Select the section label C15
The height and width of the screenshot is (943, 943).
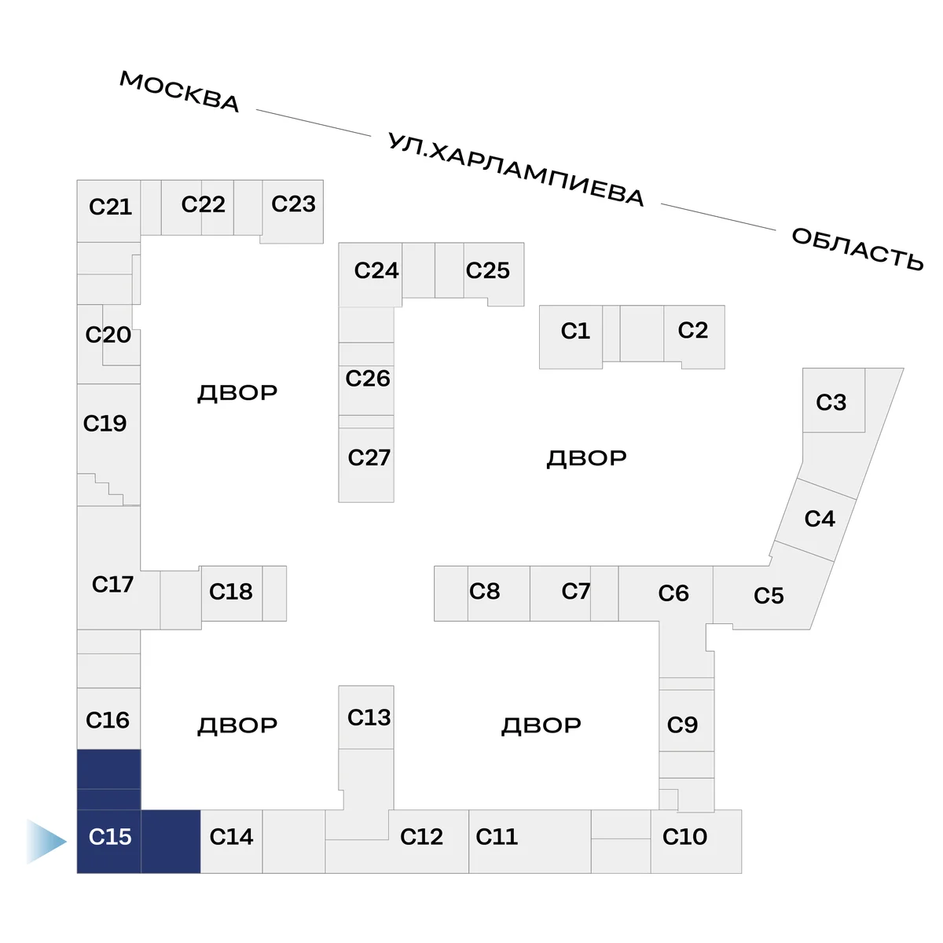point(110,837)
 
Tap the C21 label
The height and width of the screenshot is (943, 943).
point(110,207)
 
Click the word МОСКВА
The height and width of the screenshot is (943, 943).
point(179,91)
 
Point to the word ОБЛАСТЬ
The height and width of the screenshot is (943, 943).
point(857,248)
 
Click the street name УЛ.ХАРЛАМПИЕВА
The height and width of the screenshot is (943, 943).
point(516,170)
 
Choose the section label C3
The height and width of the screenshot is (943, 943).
point(831,402)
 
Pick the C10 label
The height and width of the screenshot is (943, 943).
point(684,837)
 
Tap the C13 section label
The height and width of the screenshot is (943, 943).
point(369,717)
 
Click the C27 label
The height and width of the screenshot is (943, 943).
point(369,457)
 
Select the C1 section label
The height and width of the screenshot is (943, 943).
point(575,331)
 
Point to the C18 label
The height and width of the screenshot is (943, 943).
point(230,591)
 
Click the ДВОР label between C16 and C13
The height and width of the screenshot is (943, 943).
point(237,725)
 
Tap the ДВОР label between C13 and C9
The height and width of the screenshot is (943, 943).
point(541,725)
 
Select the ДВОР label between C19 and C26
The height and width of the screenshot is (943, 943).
point(237,393)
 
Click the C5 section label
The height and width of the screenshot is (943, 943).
point(769,596)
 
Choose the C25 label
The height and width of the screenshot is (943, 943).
point(487,270)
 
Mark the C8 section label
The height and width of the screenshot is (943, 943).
point(484,591)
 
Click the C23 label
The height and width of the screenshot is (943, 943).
point(293,204)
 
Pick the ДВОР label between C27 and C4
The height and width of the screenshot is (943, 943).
point(586,458)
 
